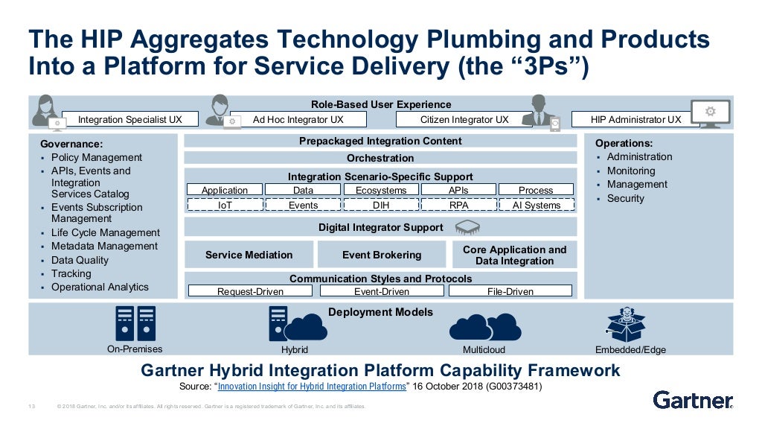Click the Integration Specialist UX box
point(129,119)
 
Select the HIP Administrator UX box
point(635,119)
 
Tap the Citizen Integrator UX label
point(464,119)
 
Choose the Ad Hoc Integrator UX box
point(298,119)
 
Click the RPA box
point(458,205)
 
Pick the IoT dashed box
point(225,205)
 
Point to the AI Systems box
point(536,205)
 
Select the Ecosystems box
point(381,190)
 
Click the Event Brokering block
point(381,255)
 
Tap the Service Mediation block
point(249,255)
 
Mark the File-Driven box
point(510,291)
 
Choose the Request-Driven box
point(250,291)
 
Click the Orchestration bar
point(380,158)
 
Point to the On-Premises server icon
point(135,323)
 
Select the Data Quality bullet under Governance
point(80,260)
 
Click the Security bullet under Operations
point(626,198)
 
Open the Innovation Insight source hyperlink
point(313,387)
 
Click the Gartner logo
point(693,400)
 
